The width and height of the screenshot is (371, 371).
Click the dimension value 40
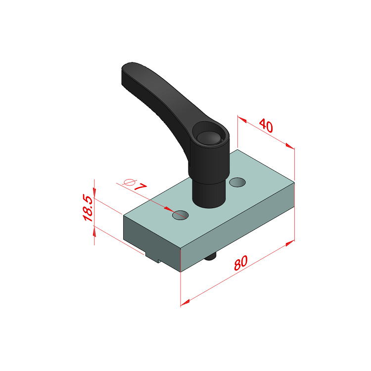pos(266,126)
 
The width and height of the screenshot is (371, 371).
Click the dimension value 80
pos(241,263)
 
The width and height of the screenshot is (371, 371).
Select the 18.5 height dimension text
pos(88,208)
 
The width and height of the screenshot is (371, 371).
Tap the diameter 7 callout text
pos(135,185)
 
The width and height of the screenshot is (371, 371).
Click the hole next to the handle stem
pos(237,182)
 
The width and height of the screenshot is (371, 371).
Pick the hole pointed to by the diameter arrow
pos(180,215)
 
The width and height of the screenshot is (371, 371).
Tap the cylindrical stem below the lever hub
pos(209,193)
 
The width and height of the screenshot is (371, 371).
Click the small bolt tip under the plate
pos(210,256)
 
